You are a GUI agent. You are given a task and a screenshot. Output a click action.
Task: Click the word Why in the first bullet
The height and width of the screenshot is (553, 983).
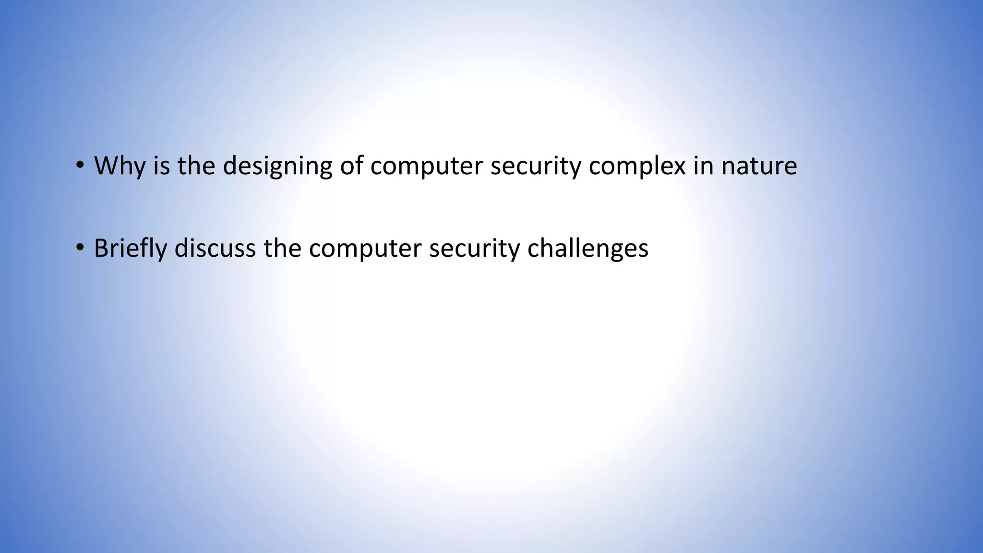120,166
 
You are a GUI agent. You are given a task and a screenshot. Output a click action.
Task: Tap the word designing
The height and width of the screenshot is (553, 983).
277,166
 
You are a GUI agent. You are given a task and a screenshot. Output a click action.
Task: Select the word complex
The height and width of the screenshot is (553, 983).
637,166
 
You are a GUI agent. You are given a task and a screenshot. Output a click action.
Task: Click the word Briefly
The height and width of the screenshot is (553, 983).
130,249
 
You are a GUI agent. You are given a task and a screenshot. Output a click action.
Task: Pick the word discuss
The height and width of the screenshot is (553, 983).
215,249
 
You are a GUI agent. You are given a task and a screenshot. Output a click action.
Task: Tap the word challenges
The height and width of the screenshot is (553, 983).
587,249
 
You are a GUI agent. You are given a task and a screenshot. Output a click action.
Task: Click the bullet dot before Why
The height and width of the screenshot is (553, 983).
80,166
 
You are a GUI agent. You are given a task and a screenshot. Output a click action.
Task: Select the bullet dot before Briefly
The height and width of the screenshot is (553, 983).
80,248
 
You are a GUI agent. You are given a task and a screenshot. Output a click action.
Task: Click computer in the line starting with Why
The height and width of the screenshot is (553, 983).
426,166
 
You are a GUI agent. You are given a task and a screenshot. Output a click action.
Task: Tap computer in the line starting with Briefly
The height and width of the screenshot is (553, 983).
365,249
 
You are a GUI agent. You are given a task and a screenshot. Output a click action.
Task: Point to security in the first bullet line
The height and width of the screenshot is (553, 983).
535,166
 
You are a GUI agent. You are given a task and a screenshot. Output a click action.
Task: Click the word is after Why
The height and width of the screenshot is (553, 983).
162,166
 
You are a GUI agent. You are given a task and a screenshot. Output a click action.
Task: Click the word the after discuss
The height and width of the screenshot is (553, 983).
282,249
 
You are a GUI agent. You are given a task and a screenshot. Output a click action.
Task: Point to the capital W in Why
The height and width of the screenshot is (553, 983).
106,166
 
